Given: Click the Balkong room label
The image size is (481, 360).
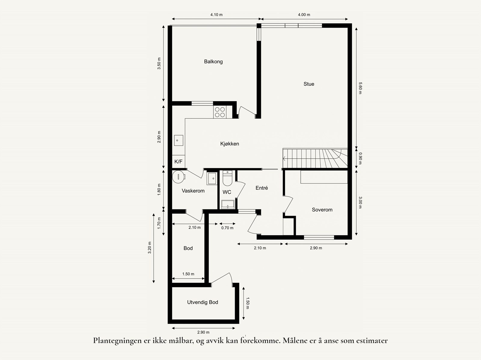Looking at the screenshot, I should (213, 62).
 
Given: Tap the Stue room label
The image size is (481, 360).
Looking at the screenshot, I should (309, 84).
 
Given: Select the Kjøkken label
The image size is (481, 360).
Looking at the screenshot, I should (229, 144).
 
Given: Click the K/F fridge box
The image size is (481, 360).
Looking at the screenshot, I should (178, 162).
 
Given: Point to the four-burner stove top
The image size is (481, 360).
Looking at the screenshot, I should (219, 112).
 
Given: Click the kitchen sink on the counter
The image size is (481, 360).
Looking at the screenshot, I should (178, 140).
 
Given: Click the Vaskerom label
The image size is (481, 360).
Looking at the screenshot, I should (193, 191).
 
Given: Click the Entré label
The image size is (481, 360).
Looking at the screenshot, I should (262, 188).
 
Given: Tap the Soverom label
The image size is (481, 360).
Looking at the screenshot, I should (322, 210).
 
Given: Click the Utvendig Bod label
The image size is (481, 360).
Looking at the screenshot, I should (202, 302).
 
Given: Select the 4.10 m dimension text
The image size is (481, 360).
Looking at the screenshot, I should (216, 15).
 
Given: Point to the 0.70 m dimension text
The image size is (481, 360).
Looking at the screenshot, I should (227, 228).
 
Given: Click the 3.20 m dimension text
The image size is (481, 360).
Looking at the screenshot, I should (150, 248).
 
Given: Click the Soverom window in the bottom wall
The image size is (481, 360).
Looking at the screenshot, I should (319, 237).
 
